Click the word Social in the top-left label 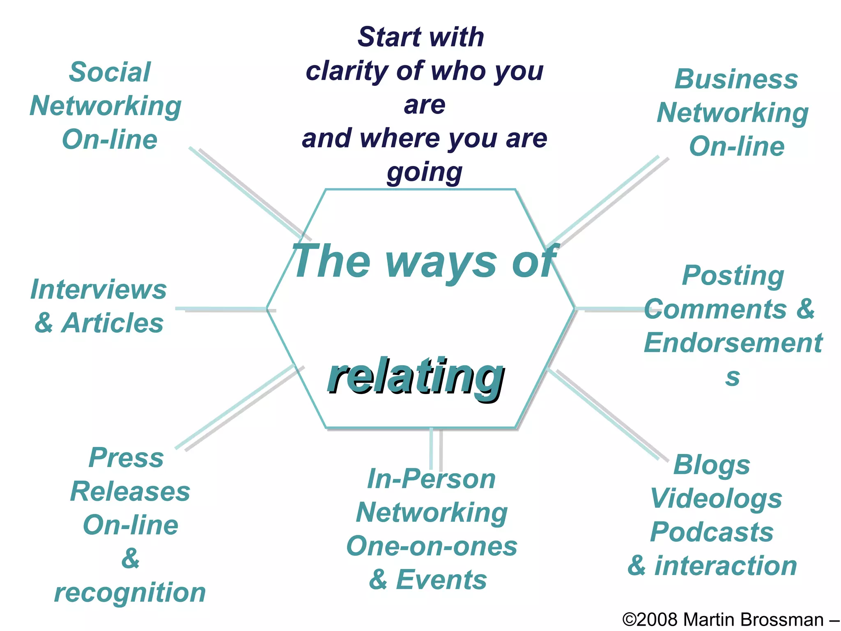click(x=110, y=72)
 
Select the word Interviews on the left click(x=99, y=290)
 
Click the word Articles click(x=113, y=323)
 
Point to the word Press click(x=126, y=458)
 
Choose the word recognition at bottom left click(x=130, y=593)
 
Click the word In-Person click(x=431, y=479)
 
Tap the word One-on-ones click(x=432, y=546)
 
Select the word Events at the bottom click(x=441, y=580)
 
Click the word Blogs click(x=712, y=465)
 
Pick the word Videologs click(x=716, y=499)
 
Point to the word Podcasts click(x=712, y=532)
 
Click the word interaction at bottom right click(x=726, y=566)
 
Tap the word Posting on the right click(x=733, y=275)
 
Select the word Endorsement click(x=733, y=343)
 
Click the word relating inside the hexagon click(x=416, y=376)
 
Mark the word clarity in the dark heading click(x=346, y=71)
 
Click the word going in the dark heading click(x=425, y=172)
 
